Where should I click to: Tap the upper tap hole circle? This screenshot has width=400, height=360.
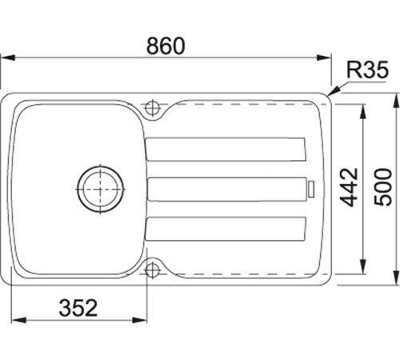(x=152, y=106)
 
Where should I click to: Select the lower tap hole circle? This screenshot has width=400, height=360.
(x=152, y=270)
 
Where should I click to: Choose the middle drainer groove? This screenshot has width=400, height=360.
(x=226, y=189)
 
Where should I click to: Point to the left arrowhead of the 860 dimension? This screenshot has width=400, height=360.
(x=5, y=57)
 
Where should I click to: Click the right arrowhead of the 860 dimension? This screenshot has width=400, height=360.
(x=326, y=57)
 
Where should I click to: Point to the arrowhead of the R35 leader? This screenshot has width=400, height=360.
(x=330, y=96)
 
